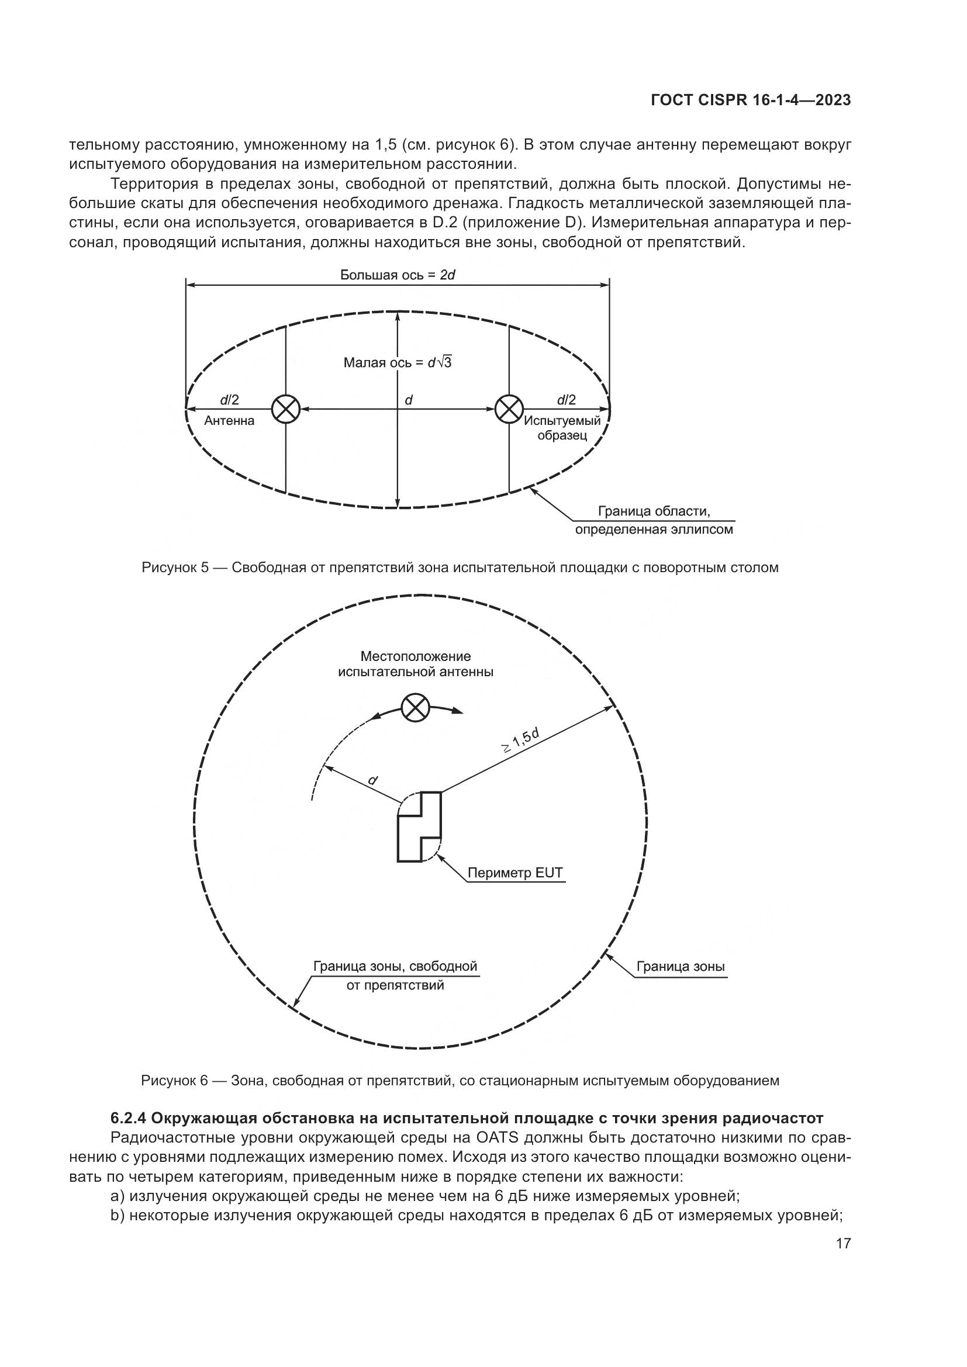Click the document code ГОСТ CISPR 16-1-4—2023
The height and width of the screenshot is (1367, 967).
(751, 100)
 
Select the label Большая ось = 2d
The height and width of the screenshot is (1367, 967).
(397, 275)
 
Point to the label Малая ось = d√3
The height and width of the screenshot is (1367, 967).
(397, 362)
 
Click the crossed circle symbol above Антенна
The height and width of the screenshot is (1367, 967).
(286, 409)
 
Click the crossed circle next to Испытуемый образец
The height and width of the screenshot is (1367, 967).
(509, 409)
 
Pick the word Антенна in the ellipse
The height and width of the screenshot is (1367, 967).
(229, 421)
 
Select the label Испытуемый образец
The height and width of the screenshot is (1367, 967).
(562, 428)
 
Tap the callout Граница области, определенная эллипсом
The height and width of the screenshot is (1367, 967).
(654, 520)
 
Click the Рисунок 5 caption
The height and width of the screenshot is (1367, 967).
(460, 567)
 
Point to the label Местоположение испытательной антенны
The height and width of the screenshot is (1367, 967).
(416, 664)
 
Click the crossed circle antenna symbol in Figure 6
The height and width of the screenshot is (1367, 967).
(415, 708)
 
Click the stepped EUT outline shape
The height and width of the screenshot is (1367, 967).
(419, 827)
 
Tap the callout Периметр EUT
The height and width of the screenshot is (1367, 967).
(514, 873)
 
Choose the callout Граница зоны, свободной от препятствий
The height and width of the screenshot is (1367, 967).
(395, 975)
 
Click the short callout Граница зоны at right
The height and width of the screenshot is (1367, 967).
(681, 966)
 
